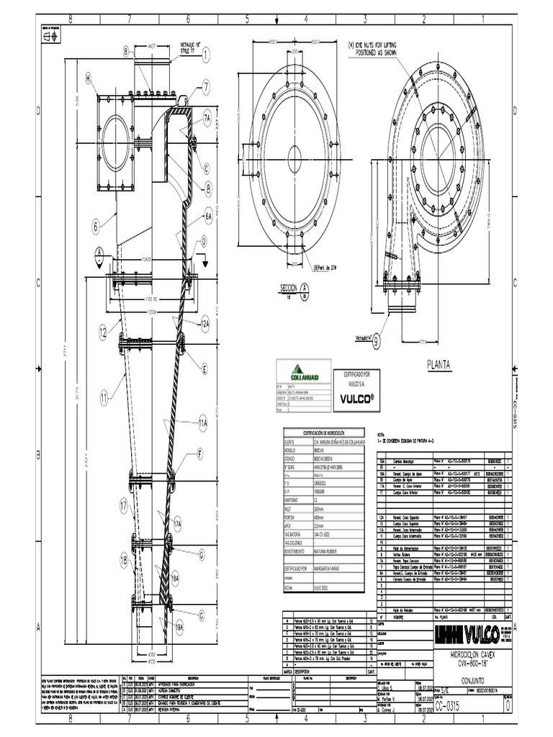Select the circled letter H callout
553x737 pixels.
pos(89,78)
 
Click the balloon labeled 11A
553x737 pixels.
pos(203,425)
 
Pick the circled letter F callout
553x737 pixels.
pos(200,454)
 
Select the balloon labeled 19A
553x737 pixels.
pos(176,628)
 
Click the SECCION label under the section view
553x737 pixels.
pos(288,288)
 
